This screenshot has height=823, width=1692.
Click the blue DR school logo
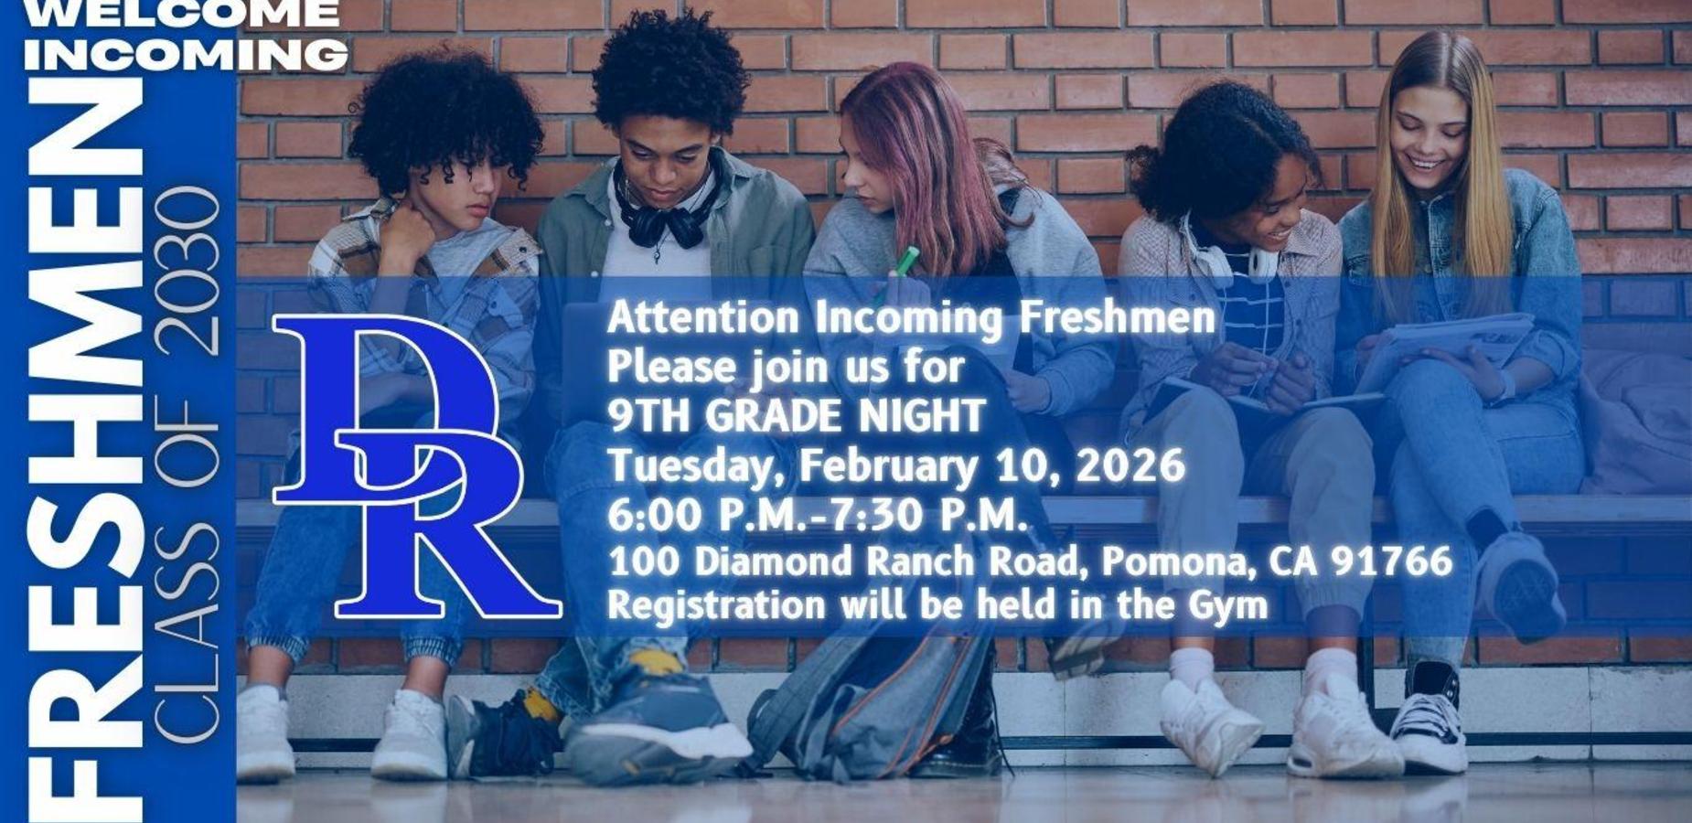pos(416,466)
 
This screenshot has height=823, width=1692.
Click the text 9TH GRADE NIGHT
pos(796,417)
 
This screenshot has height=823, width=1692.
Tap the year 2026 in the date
pos(1130,465)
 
